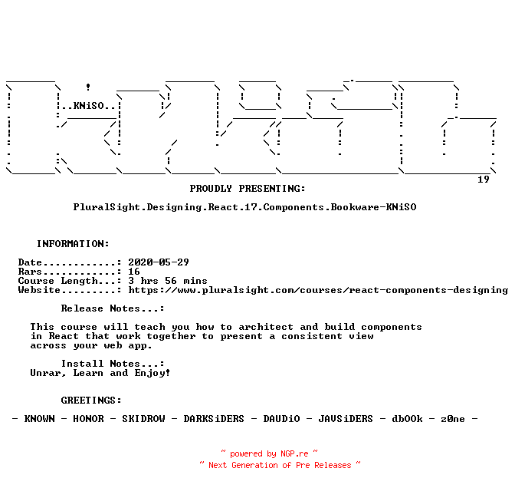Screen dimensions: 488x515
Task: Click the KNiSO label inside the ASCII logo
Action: (91, 106)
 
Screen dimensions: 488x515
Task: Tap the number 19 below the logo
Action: (484, 180)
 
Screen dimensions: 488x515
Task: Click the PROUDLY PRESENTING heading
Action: (248, 189)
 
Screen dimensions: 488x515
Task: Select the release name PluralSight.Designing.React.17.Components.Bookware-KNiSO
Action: (244, 207)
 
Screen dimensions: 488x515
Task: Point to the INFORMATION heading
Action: (73, 244)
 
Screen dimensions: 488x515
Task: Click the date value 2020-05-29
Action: (159, 262)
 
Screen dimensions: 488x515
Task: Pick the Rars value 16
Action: (134, 272)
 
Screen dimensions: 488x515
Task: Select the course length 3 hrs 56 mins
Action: (168, 281)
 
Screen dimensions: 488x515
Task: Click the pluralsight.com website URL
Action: (318, 290)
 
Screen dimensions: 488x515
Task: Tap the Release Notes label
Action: (113, 308)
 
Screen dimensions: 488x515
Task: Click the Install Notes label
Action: (113, 364)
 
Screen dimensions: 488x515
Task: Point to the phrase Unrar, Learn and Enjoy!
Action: (100, 373)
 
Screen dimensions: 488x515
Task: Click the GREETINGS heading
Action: (91, 401)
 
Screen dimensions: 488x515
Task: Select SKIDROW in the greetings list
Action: (146, 419)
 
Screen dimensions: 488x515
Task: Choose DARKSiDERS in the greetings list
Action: (214, 419)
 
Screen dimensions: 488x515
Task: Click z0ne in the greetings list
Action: (453, 419)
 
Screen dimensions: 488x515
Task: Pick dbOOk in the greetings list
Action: (407, 419)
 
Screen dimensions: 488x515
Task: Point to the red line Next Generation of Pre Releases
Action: (280, 465)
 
